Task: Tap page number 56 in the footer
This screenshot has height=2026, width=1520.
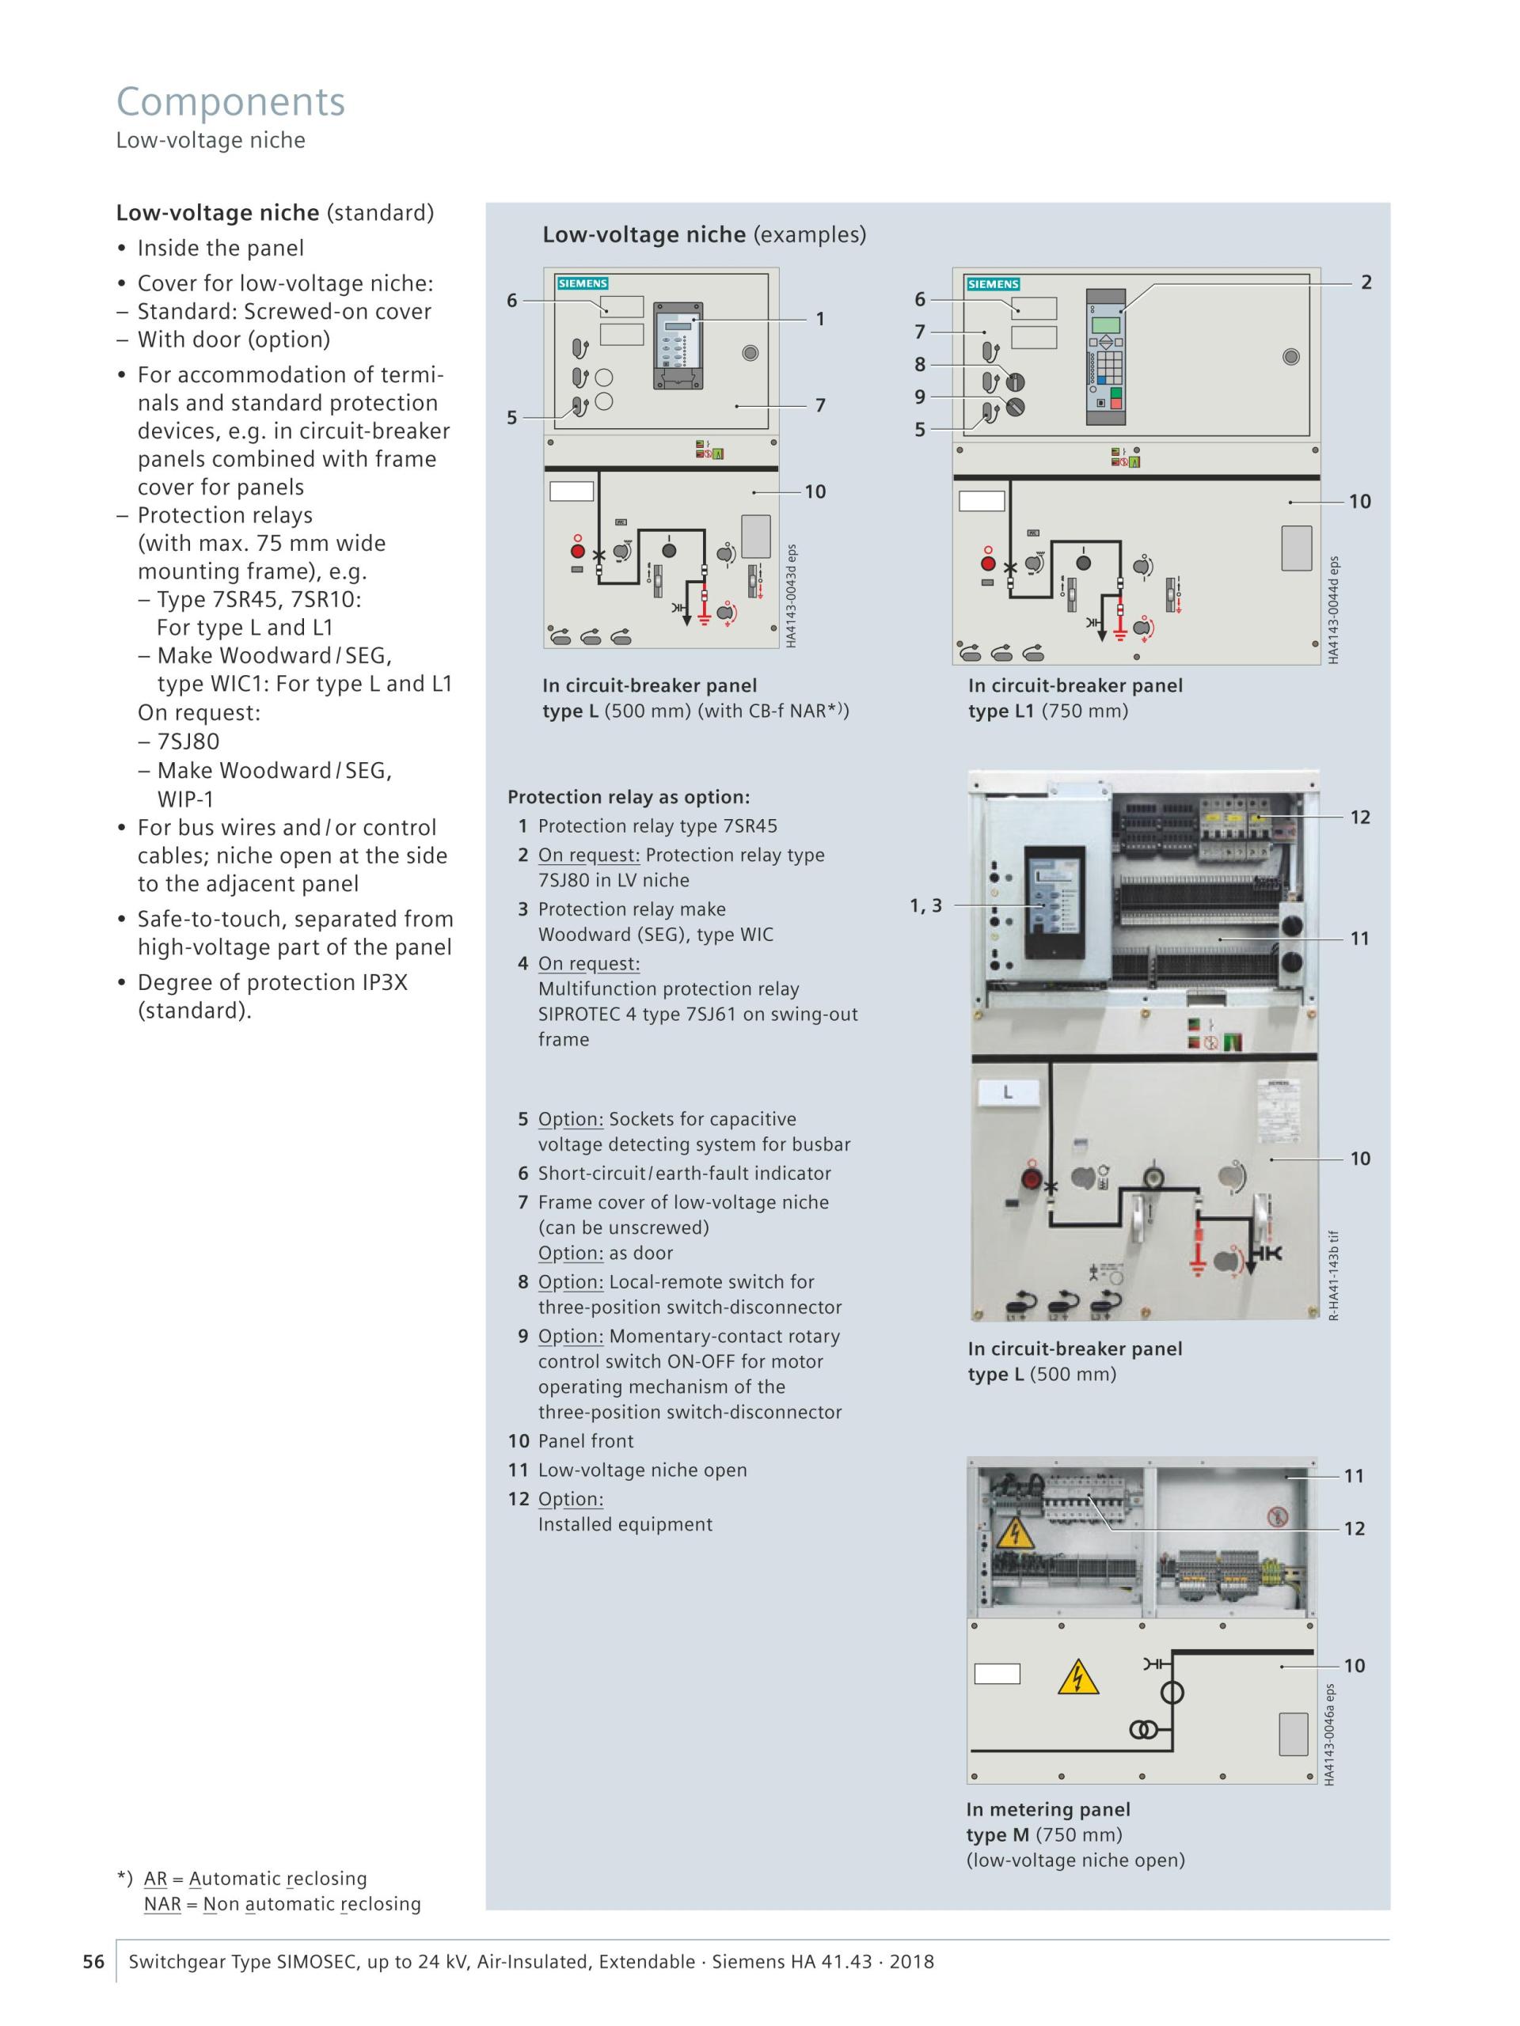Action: pos(93,1961)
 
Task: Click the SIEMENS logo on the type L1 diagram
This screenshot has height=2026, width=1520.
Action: pos(994,284)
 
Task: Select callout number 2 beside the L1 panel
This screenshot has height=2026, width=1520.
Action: pos(1366,282)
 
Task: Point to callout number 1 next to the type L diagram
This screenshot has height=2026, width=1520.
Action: pos(820,319)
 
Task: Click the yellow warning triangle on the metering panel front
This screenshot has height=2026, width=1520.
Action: pos(1077,1677)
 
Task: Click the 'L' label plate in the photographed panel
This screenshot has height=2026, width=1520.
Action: pos(1008,1092)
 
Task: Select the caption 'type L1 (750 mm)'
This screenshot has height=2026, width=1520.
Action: pos(1048,711)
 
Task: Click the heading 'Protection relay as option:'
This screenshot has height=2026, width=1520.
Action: pos(629,797)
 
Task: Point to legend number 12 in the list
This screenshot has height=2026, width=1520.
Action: pos(519,1498)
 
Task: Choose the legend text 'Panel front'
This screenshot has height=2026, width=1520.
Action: pos(586,1440)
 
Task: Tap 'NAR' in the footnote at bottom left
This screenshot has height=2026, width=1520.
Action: pos(162,1904)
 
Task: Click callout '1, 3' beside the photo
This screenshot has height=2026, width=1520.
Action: pos(925,906)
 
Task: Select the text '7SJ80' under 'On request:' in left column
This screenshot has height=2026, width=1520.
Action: pos(188,741)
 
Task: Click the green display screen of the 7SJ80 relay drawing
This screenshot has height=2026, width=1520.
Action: pos(1106,325)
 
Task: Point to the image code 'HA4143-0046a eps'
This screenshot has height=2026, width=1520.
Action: pos(1329,1734)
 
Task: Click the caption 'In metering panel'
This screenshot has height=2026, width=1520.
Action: pos(1048,1809)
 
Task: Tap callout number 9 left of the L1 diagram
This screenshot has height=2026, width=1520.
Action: pos(920,396)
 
